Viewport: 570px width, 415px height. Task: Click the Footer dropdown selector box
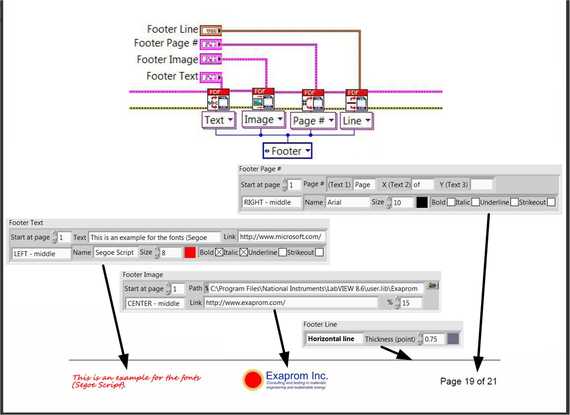287,151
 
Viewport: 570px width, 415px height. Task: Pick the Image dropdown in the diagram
263,120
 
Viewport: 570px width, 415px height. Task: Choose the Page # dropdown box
313,121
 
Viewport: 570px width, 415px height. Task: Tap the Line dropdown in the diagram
356,121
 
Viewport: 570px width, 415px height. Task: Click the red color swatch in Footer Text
190,253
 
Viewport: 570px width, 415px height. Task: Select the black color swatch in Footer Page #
422,202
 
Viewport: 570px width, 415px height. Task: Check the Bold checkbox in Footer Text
219,253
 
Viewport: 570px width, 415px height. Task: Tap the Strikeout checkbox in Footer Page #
551,202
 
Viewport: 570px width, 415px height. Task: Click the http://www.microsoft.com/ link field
281,237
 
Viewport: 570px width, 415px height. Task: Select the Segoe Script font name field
115,253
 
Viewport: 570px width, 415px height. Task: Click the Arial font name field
347,202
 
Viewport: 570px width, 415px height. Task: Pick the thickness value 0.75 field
434,339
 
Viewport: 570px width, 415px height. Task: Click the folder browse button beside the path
432,286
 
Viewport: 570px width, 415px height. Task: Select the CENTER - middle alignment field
155,303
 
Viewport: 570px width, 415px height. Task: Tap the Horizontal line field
334,339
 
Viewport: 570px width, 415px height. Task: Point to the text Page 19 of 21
468,382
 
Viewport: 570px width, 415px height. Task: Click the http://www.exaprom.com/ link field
290,303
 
